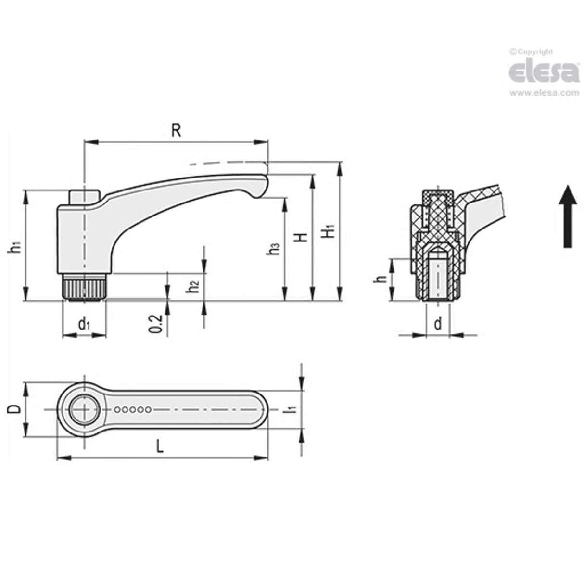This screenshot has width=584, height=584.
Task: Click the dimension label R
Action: click(177, 130)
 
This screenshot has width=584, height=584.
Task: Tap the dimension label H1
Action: click(329, 231)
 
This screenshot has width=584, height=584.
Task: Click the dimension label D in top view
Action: click(15, 409)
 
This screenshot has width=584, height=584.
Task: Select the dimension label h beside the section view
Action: click(381, 279)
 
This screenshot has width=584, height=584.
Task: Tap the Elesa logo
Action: click(544, 72)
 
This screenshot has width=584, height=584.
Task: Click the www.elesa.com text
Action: click(544, 93)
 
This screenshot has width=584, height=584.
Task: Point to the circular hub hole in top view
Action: click(85, 410)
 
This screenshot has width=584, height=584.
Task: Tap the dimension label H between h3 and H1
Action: click(302, 237)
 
